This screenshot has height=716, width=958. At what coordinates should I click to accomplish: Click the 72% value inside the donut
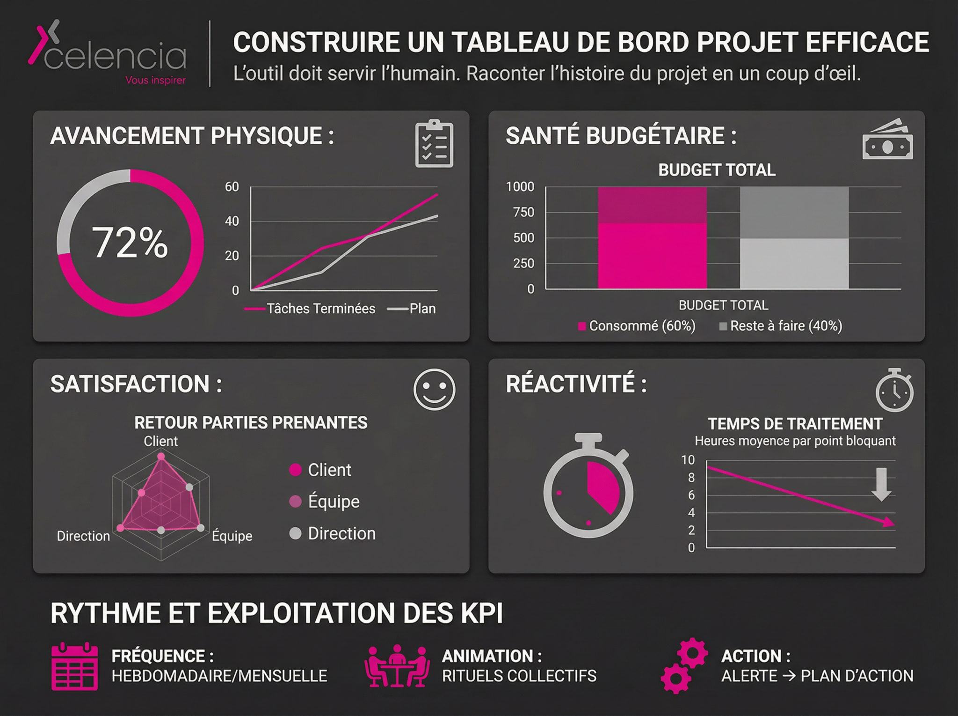pyautogui.click(x=130, y=243)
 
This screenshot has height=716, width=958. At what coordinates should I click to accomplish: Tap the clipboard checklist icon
pyautogui.click(x=434, y=144)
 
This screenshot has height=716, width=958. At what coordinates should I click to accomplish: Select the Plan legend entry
pyautogui.click(x=412, y=309)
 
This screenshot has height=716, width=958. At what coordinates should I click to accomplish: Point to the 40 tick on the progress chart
pyautogui.click(x=232, y=221)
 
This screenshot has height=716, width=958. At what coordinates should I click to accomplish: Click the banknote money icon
pyautogui.click(x=887, y=140)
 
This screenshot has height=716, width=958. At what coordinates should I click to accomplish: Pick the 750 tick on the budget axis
pyautogui.click(x=523, y=213)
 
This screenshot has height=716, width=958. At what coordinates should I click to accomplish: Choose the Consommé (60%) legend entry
pyautogui.click(x=637, y=326)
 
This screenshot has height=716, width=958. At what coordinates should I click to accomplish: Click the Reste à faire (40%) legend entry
pyautogui.click(x=781, y=326)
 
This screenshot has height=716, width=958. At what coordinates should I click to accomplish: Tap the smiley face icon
pyautogui.click(x=434, y=390)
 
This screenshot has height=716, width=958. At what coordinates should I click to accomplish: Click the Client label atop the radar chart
pyautogui.click(x=160, y=441)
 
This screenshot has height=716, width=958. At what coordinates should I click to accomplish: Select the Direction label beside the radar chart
pyautogui.click(x=83, y=536)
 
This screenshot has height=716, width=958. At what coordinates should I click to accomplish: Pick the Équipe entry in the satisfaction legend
pyautogui.click(x=325, y=502)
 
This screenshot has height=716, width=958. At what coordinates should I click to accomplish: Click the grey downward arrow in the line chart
pyautogui.click(x=881, y=484)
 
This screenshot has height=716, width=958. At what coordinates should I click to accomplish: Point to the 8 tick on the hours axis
pyautogui.click(x=691, y=478)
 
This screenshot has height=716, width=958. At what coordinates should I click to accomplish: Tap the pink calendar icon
pyautogui.click(x=75, y=666)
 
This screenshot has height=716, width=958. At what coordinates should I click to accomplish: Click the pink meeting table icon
pyautogui.click(x=397, y=666)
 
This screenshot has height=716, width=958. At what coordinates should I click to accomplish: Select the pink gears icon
pyautogui.click(x=684, y=665)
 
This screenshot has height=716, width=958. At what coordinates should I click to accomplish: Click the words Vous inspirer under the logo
pyautogui.click(x=155, y=80)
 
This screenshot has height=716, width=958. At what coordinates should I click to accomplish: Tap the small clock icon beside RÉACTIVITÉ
pyautogui.click(x=894, y=391)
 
